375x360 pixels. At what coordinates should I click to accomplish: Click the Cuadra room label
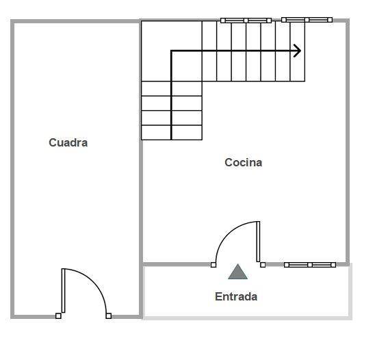click(x=68, y=142)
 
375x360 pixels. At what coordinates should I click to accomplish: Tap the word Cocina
click(x=243, y=162)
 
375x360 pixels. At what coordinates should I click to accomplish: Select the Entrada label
click(x=236, y=296)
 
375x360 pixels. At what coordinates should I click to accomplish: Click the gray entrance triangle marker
click(x=237, y=272)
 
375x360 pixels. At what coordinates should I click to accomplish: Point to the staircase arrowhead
click(x=298, y=51)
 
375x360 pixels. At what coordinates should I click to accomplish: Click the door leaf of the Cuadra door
click(x=64, y=290)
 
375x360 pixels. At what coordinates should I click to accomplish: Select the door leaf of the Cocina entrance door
click(x=258, y=242)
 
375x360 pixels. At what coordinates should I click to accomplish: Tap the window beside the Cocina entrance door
click(x=310, y=265)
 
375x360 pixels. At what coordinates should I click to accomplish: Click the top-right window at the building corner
click(x=307, y=20)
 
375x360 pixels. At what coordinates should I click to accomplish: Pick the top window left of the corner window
click(x=246, y=21)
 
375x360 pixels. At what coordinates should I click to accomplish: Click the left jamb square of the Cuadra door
click(x=58, y=316)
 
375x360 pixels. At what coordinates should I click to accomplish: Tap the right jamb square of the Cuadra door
click(x=109, y=316)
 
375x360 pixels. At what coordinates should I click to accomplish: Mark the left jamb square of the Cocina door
click(x=214, y=265)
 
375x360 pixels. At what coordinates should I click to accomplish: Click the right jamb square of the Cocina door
click(x=263, y=265)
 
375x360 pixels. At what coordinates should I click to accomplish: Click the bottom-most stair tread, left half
click(x=156, y=133)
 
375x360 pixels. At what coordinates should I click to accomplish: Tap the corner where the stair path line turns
click(x=171, y=51)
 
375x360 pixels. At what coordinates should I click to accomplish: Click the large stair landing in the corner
click(x=172, y=51)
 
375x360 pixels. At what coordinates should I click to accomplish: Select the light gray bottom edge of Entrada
click(x=247, y=318)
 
